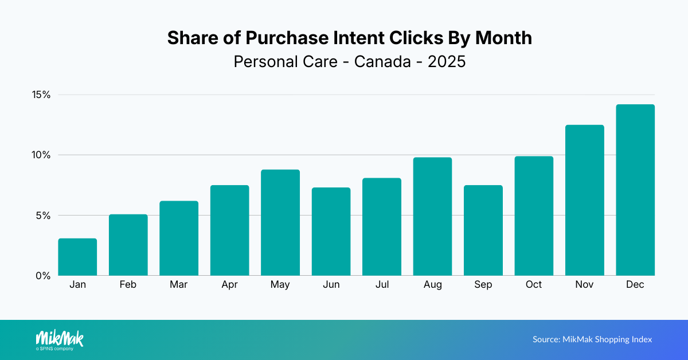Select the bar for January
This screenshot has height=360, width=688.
pos(77,257)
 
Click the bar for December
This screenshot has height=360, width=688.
pos(635,190)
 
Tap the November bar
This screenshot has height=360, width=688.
pos(584,200)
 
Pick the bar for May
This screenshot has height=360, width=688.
pos(280,222)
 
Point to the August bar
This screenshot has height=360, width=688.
pos(432,216)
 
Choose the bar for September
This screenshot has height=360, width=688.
pos(483,230)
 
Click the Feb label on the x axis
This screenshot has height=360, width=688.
pos(128,285)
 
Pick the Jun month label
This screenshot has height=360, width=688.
pos(331,285)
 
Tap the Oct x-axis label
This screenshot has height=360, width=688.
pos(534,285)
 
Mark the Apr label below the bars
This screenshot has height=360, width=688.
pos(229,285)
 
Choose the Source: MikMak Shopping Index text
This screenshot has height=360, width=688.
pos(592,339)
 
